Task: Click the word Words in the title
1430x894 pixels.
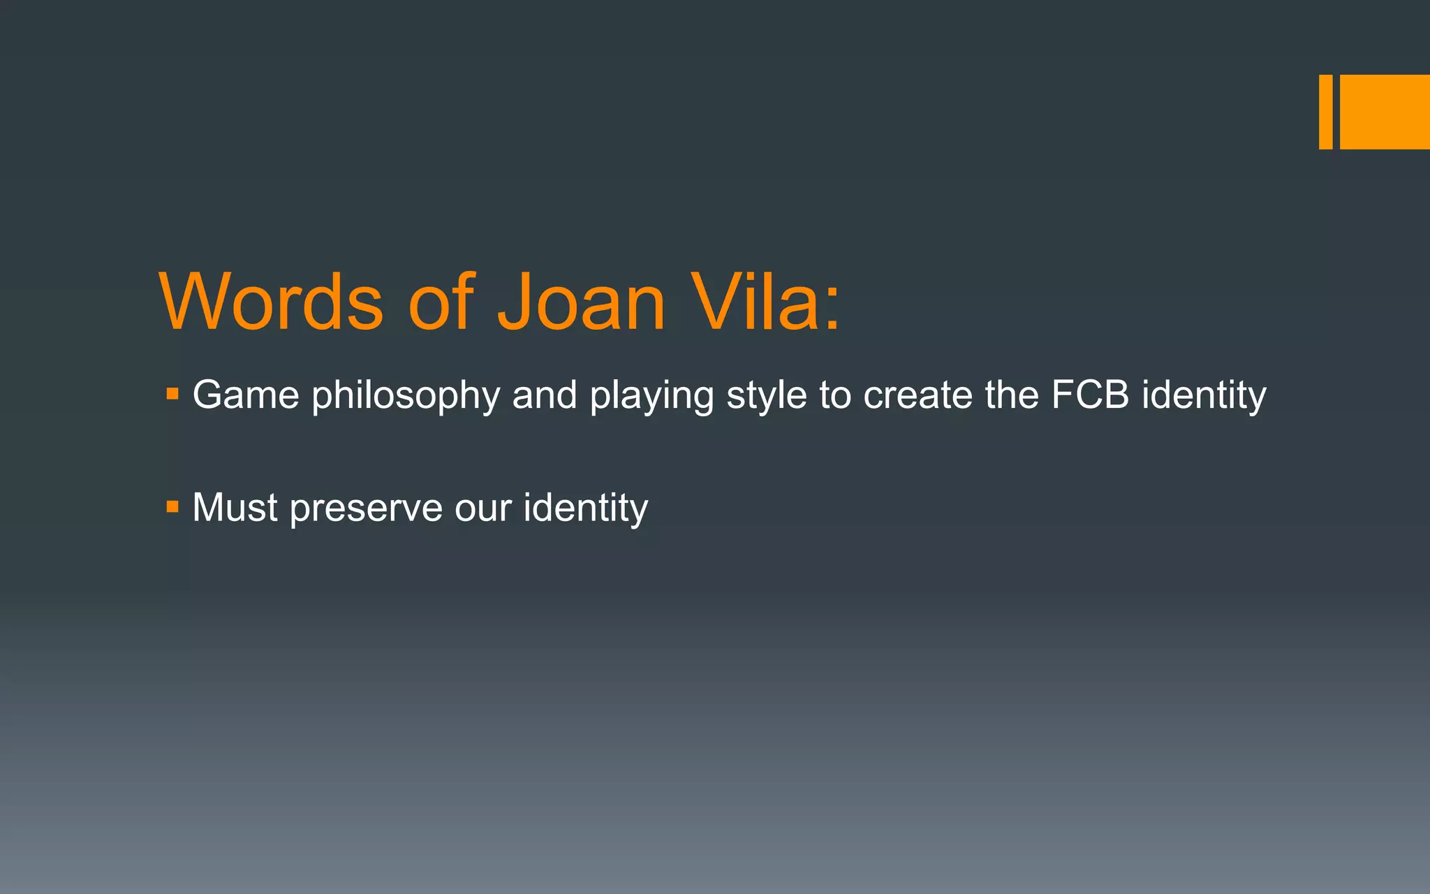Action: pos(272,302)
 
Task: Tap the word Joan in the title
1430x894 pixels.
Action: pos(581,302)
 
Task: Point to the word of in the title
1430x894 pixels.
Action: pos(441,302)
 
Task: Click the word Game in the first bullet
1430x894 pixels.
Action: pos(246,395)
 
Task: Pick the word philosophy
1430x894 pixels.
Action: pos(406,396)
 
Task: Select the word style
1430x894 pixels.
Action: pos(767,396)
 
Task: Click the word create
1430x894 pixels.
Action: pos(917,395)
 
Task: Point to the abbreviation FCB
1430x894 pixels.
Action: pos(1090,395)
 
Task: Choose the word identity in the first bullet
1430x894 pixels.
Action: pos(1204,396)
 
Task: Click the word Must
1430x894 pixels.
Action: pos(235,507)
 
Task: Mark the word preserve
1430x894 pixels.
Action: pos(366,508)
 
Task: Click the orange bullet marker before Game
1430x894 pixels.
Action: pos(172,395)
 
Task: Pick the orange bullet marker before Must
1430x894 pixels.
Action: pos(172,506)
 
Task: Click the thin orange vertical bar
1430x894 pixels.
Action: pos(1325,112)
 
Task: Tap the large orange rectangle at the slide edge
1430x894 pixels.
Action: pos(1385,112)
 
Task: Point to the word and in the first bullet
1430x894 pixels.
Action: pos(545,395)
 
